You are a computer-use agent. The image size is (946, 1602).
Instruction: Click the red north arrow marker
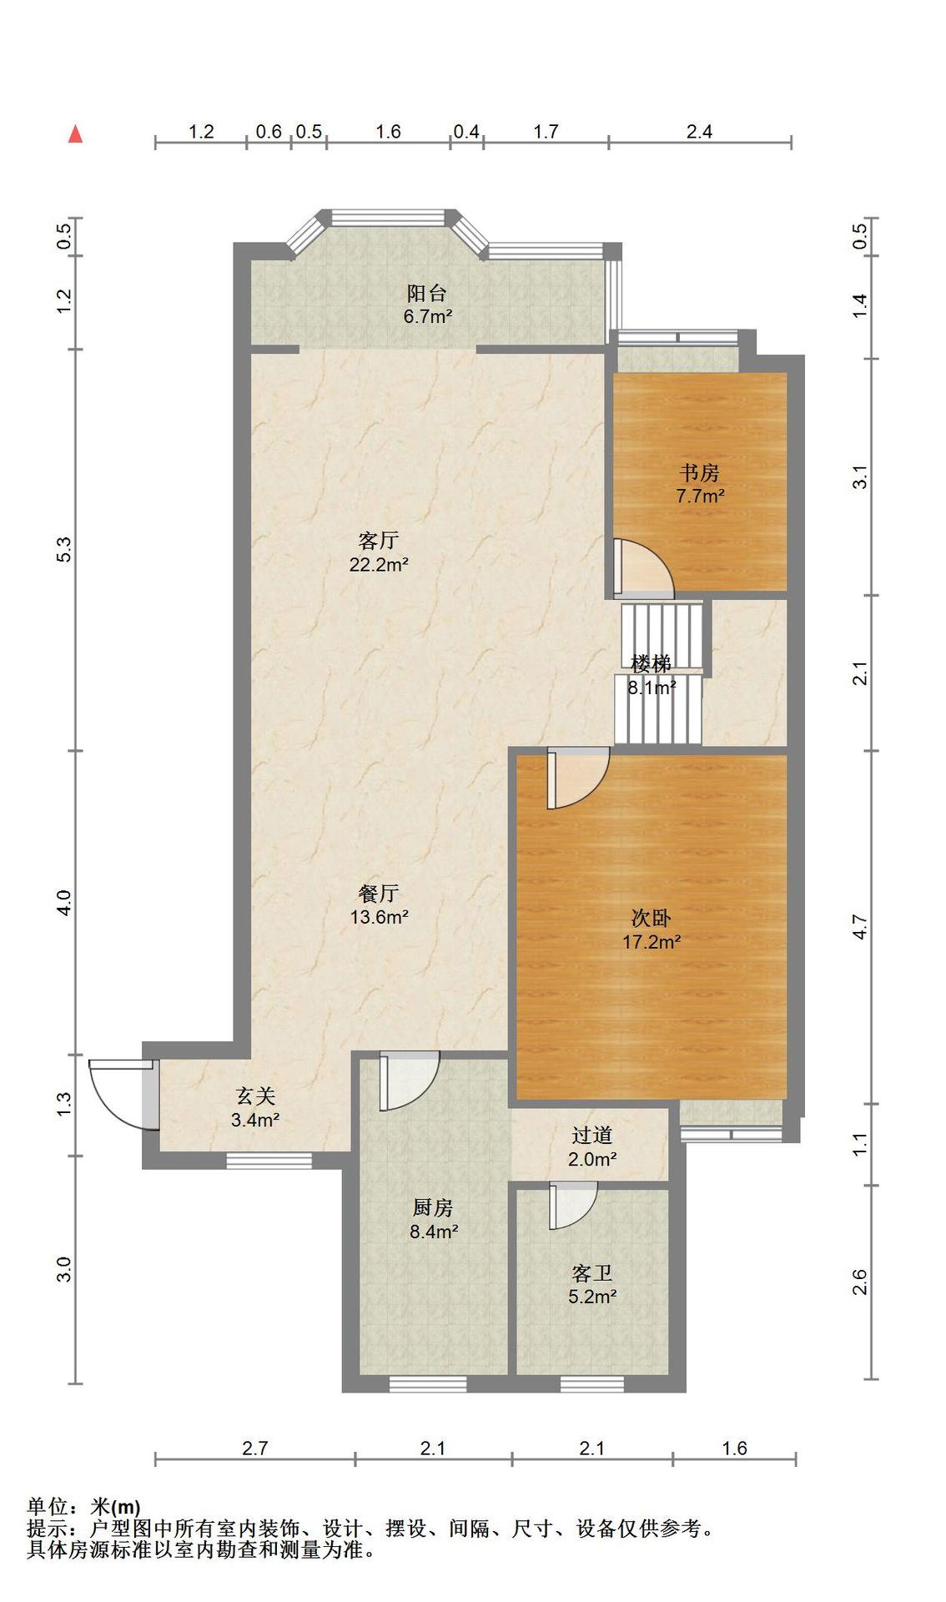point(75,133)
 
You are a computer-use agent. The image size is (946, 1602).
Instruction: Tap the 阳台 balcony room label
point(426,293)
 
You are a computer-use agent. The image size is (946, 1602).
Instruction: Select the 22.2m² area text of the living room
point(378,565)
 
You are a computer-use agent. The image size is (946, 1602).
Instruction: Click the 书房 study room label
point(699,473)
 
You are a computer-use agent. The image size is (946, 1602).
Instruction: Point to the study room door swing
point(643,567)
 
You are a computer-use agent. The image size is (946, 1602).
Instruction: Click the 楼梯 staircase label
point(651,664)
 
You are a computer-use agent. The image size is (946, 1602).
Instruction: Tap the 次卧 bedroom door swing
point(578,778)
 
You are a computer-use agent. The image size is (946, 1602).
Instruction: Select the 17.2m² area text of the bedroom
point(652,942)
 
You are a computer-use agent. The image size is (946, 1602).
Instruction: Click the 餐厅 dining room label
point(378,894)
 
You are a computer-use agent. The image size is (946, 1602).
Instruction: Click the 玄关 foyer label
point(255,1096)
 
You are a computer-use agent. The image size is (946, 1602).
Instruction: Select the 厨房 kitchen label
point(433,1207)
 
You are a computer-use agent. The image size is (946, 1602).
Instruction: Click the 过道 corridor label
point(592,1135)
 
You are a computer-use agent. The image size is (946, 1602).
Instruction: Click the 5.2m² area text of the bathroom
point(592,1297)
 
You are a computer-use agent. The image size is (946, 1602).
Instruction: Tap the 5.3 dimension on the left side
point(66,549)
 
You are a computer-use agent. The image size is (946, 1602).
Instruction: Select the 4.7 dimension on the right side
point(860,928)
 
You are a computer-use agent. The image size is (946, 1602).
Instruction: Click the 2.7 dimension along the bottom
point(254,1448)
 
